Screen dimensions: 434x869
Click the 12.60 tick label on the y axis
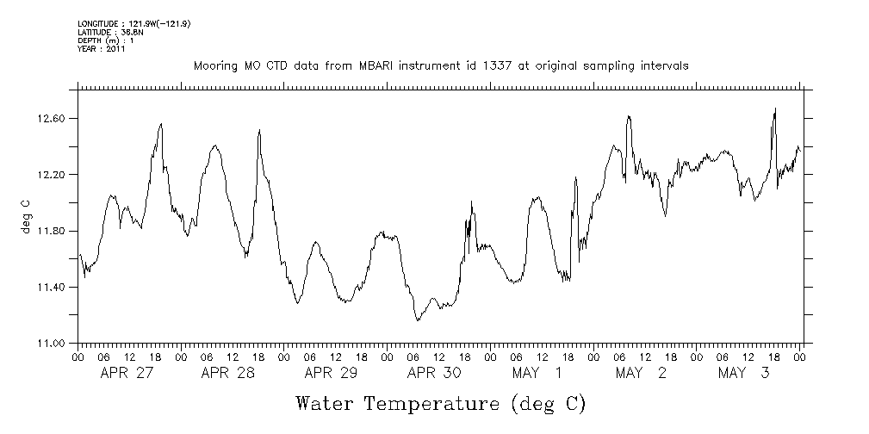click(54, 118)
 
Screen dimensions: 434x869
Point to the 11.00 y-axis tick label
click(54, 344)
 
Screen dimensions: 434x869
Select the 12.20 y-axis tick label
click(54, 175)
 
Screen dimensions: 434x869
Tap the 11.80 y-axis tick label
click(54, 231)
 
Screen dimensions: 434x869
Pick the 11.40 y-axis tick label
click(54, 287)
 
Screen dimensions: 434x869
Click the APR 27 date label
click(127, 373)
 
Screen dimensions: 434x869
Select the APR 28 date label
click(227, 373)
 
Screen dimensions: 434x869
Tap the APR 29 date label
click(331, 373)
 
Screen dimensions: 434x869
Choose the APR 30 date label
click(434, 373)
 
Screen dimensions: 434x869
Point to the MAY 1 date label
click(537, 373)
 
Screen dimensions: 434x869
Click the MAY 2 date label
click(641, 373)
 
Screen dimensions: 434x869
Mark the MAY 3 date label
click(744, 373)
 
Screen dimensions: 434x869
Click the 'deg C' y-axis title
click(25, 215)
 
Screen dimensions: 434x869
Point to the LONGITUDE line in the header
click(133, 23)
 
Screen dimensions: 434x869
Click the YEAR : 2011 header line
click(102, 49)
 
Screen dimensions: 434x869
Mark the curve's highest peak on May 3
click(775, 108)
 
